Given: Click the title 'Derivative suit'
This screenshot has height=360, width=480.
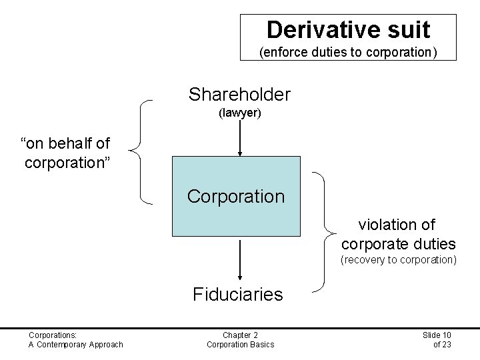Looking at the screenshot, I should pos(348,29).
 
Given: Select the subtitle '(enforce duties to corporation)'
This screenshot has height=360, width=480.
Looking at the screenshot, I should pos(348,51).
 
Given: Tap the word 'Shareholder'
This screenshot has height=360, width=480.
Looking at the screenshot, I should pos(239,95).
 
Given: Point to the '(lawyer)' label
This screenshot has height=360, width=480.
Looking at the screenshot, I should pos(239,113).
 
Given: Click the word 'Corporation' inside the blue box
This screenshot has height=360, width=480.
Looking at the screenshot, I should pos(236,197).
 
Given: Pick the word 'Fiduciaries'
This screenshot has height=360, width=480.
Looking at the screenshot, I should pos(238,294).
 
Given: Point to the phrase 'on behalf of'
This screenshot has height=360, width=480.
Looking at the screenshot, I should pos(66,143).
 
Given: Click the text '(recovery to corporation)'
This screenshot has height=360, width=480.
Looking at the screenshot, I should pos(398,259).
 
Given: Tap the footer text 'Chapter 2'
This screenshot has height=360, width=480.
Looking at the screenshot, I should pos(240,335).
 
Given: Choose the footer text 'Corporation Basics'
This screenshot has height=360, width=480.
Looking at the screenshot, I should pos(240,344).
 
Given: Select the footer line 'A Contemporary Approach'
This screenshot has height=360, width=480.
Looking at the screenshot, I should pos(75,344).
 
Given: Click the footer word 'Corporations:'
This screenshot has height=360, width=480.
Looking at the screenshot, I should pos(53,335).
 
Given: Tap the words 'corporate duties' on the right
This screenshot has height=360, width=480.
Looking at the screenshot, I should pos(399,243).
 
